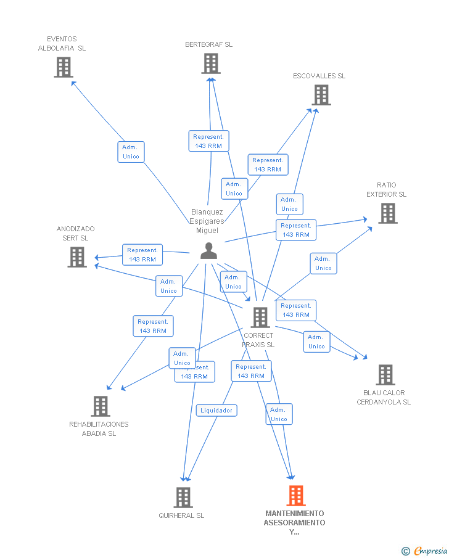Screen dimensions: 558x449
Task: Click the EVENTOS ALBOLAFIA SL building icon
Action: point(64,67)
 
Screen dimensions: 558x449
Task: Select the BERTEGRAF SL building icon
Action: point(211,64)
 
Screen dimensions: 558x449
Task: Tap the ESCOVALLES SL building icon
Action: point(321,95)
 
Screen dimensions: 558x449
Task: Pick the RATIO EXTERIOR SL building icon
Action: point(387,213)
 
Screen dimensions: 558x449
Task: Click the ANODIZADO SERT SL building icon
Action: point(77,257)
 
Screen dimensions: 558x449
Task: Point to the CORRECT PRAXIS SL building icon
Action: point(260,318)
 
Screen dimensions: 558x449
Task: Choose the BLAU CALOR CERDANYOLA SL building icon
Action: point(385,374)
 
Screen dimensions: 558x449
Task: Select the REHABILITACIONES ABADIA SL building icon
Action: point(101,406)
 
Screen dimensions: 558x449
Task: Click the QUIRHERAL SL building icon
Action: point(183,497)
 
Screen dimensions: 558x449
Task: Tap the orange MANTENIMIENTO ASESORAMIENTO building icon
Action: point(296,495)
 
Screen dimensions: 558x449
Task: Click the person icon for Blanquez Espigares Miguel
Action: point(209,251)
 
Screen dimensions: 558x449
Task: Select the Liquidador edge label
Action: point(216,410)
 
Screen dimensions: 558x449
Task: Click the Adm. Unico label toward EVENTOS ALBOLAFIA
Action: point(131,152)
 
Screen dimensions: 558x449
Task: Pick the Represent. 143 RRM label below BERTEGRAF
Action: point(208,141)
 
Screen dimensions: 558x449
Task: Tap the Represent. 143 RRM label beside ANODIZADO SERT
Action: point(142,255)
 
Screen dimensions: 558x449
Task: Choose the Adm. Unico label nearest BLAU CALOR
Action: point(316,342)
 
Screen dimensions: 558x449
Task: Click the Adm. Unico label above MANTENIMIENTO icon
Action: point(279,414)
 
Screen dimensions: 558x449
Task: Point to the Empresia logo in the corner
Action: point(425,551)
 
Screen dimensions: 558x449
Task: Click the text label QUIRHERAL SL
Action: point(181,515)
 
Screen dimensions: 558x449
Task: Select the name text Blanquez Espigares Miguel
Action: point(207,221)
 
